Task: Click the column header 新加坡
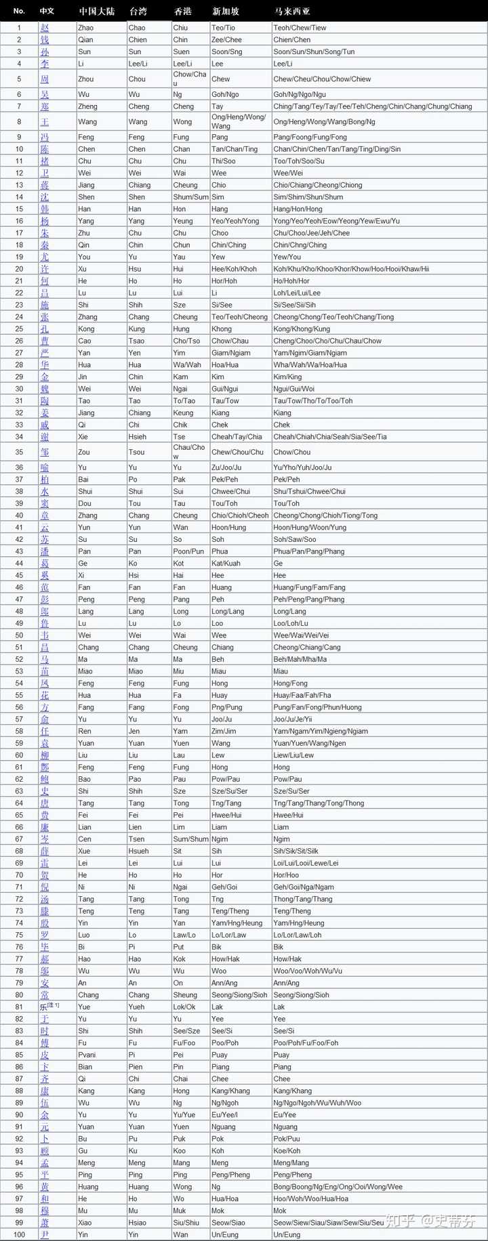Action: [225, 12]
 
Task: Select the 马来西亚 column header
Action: [292, 12]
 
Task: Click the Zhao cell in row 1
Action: [86, 28]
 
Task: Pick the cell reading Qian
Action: [86, 40]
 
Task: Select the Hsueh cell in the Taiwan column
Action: [138, 851]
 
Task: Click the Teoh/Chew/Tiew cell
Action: [300, 28]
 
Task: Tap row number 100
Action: [19, 1234]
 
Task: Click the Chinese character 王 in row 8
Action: [45, 122]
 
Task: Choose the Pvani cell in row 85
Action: [87, 1055]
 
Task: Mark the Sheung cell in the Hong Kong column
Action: [185, 995]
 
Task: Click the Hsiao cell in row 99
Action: [138, 1222]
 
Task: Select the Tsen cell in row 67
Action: [137, 839]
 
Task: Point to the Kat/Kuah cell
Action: [226, 563]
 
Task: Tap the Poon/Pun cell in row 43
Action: [188, 551]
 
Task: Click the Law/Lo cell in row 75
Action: [184, 935]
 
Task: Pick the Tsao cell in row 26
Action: [136, 341]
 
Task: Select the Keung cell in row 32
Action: [183, 413]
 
